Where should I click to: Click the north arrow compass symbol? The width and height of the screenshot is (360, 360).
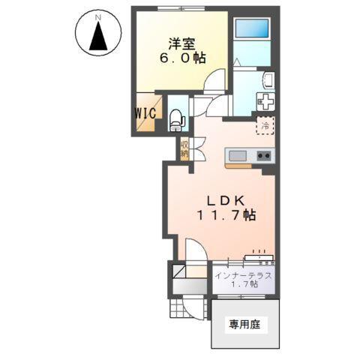(97, 35)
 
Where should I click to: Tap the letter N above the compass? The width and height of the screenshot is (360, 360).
(97, 13)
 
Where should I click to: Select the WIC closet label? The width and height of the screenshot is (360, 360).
(145, 113)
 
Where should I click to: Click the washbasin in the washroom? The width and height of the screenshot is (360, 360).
(268, 80)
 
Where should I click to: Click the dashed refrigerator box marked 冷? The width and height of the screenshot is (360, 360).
(265, 126)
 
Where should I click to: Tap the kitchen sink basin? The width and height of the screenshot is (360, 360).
(238, 155)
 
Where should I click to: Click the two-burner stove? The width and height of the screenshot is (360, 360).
(263, 155)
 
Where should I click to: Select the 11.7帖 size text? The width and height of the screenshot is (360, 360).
(226, 215)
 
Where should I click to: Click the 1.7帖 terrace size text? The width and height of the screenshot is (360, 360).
(244, 286)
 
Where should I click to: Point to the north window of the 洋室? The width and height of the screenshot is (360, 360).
(178, 9)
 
